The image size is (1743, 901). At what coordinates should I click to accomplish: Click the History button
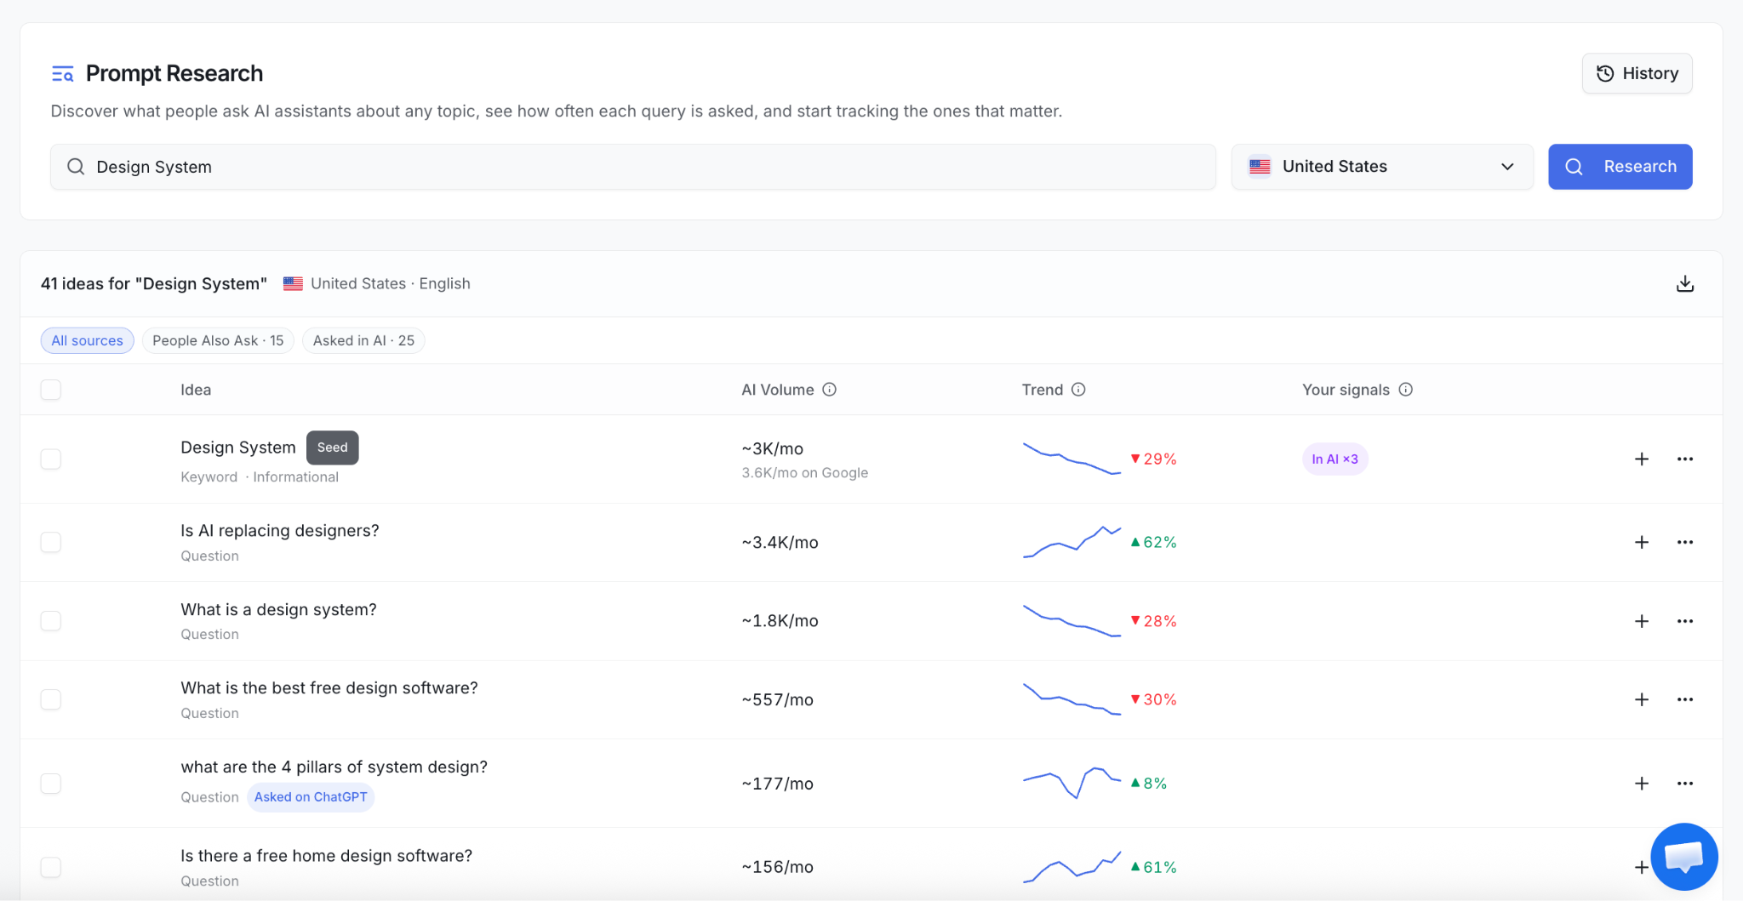click(1637, 73)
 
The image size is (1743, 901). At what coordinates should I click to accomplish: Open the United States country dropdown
click(1381, 167)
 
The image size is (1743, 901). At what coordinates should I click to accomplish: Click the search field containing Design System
click(632, 167)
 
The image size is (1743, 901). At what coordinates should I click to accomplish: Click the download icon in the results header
click(1684, 284)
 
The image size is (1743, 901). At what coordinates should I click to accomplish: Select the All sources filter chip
click(87, 340)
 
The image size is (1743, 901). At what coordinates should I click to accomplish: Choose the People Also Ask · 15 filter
click(218, 340)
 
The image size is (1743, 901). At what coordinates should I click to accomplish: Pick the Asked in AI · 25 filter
click(363, 340)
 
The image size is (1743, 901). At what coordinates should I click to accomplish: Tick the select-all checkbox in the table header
click(51, 390)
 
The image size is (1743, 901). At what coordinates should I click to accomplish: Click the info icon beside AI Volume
click(829, 390)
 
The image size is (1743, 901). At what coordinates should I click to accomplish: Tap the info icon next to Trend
click(1078, 390)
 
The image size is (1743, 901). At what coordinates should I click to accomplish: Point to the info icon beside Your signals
click(1405, 390)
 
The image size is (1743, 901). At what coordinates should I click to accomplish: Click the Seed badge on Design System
click(332, 448)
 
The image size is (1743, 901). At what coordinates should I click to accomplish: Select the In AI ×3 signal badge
click(1334, 459)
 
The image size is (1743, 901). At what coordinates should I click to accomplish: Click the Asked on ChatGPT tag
click(311, 797)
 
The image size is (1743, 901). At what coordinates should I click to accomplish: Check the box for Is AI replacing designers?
click(51, 542)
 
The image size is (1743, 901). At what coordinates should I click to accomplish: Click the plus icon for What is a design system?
click(1642, 621)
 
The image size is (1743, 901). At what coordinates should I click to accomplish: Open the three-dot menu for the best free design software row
click(1685, 699)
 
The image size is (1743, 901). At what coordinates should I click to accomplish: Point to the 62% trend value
click(1153, 542)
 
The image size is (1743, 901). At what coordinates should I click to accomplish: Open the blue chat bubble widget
click(1684, 857)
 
